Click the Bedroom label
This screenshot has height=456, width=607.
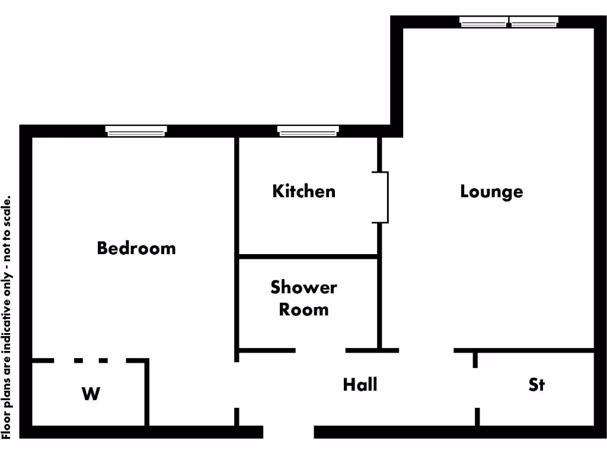[x=136, y=248]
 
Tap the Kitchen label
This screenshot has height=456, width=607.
[x=303, y=191]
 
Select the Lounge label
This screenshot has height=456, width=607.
[x=491, y=192]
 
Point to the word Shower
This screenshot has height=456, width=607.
[x=303, y=287]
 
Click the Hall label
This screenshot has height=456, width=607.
[x=360, y=385]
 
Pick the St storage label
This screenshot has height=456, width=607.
[x=536, y=385]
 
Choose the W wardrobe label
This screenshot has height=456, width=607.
[x=91, y=393]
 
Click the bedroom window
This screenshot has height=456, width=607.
[x=136, y=131]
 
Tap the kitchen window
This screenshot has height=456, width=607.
[x=308, y=131]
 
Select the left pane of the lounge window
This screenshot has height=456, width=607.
[x=484, y=22]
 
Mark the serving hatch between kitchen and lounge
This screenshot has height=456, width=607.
[x=382, y=197]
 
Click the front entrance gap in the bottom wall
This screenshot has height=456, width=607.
[x=288, y=432]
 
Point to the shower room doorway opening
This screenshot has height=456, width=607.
[x=320, y=350]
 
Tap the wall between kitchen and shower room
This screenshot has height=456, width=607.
[x=308, y=256]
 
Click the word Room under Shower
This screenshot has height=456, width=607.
[x=303, y=309]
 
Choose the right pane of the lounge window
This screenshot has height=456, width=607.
[x=534, y=22]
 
